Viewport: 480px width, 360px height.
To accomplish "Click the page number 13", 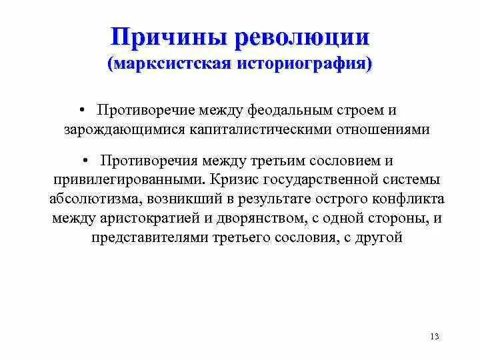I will pos(435,336).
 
